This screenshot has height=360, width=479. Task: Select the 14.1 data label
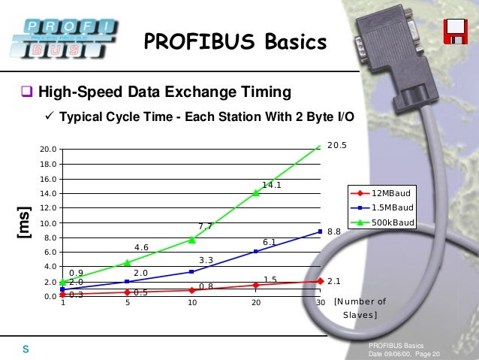click(x=272, y=184)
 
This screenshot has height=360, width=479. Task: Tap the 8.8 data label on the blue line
click(x=334, y=233)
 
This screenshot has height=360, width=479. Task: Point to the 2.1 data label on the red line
click(x=334, y=281)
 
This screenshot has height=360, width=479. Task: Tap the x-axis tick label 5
click(x=128, y=303)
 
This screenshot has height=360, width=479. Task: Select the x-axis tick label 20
click(x=256, y=303)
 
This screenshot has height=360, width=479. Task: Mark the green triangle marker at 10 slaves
click(x=192, y=240)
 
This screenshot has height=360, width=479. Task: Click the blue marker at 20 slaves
click(x=256, y=251)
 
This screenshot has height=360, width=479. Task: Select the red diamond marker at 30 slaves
click(x=321, y=281)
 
